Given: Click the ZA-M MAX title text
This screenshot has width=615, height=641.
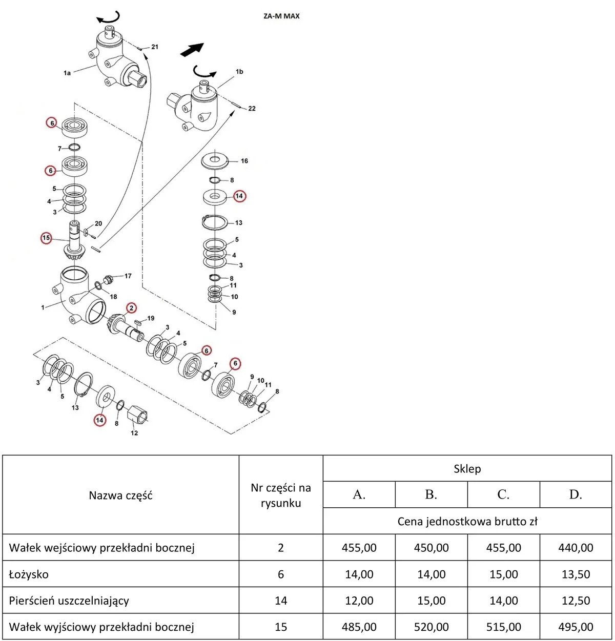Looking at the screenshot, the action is tap(281, 16).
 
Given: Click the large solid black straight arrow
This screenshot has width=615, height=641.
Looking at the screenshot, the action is tap(192, 49).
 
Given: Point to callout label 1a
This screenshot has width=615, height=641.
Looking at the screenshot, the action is tap(67, 73).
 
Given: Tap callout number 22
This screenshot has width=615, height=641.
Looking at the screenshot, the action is tap(252, 109).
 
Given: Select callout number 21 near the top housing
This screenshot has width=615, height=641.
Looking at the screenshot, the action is tap(155, 47).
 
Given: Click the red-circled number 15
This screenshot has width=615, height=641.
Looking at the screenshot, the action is tap(46, 238).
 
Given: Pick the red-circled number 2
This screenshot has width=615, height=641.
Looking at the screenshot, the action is tap(131, 308).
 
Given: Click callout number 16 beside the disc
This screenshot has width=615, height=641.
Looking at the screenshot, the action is tap(244, 161).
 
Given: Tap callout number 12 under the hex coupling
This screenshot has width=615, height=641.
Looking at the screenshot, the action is tap(134, 433).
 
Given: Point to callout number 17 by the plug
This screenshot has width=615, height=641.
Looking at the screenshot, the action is tap(128, 276).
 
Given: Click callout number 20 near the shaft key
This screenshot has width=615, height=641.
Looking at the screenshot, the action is tap(98, 223).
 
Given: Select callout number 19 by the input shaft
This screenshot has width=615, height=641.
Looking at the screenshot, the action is tap(151, 318).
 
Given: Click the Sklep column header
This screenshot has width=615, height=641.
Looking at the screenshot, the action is tap(467, 469).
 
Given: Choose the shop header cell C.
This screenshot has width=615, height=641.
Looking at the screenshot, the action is tap(503, 494).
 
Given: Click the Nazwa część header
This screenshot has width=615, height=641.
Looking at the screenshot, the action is tap(120, 495).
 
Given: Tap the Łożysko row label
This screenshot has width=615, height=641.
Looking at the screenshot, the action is tap(29, 574).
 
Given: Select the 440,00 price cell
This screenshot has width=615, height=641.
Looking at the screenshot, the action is tap(576, 547).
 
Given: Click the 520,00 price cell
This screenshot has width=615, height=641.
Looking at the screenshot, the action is tap(431, 627).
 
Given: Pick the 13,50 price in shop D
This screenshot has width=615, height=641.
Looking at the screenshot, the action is tap(576, 574).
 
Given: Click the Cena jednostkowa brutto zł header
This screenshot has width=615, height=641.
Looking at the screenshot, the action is tap(467, 522).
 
